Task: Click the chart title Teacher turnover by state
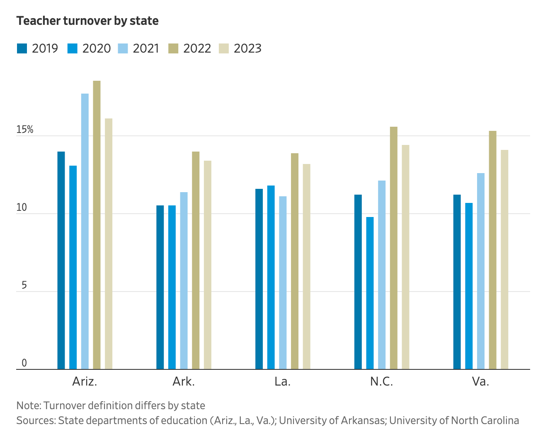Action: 87,21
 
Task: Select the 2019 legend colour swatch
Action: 22,48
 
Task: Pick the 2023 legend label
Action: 247,48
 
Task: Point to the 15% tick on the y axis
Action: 24,130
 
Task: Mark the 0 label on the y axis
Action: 24,363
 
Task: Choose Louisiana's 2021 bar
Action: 283,282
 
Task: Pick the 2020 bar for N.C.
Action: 370,293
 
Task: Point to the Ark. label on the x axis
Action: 184,381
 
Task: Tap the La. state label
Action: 283,381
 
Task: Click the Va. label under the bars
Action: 481,381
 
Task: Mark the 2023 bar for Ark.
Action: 208,265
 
